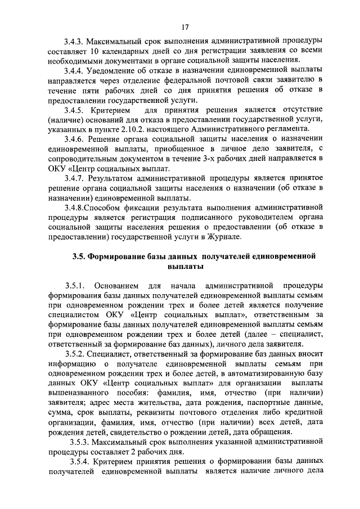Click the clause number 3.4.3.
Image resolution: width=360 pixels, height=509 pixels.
(75, 41)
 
